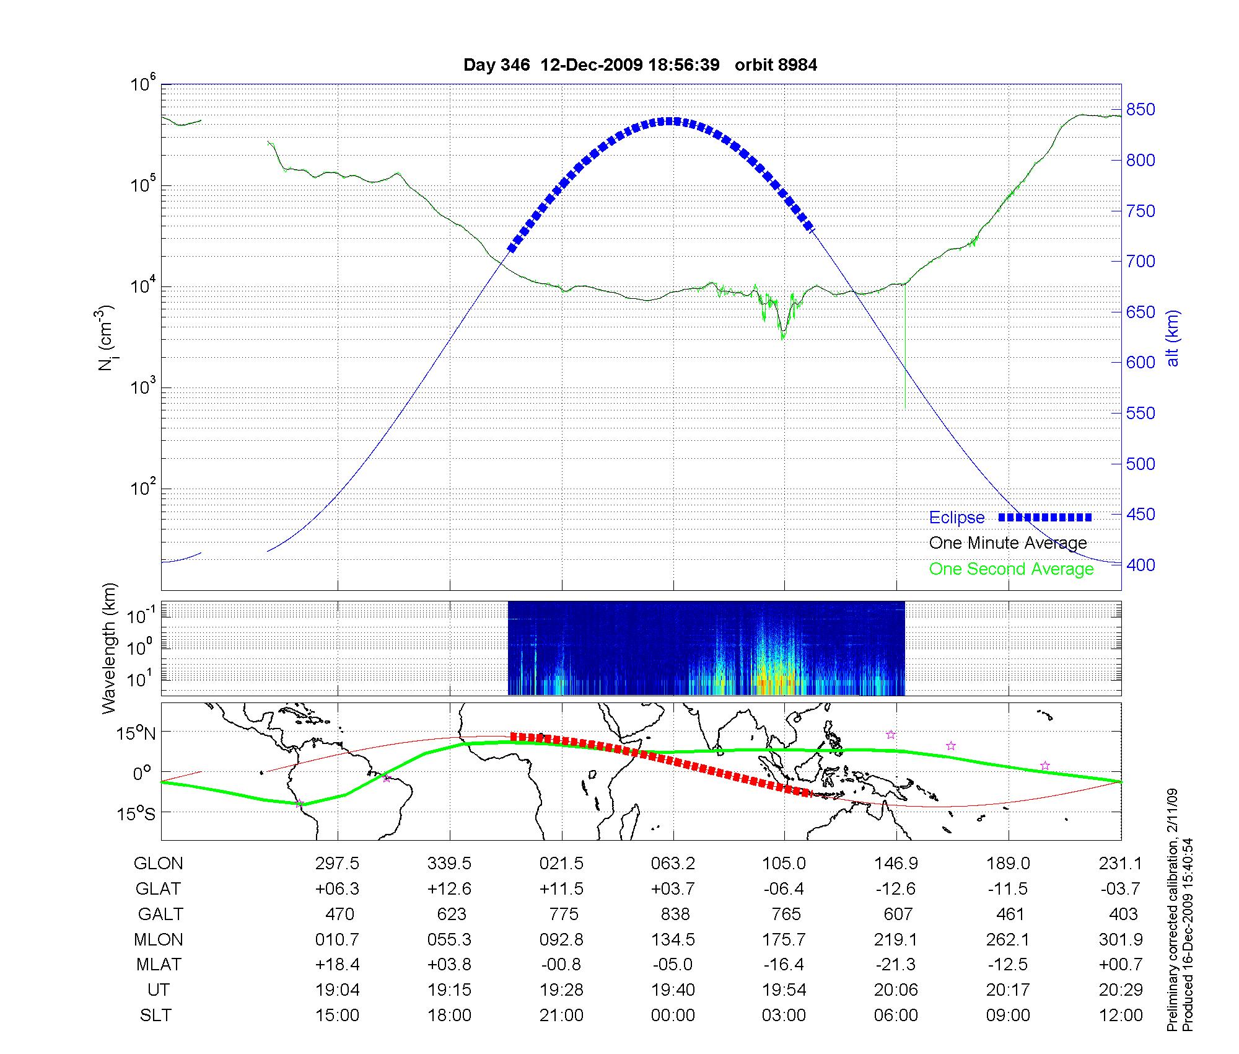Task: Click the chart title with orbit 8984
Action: pyautogui.click(x=640, y=64)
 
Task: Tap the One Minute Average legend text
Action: pyautogui.click(x=1008, y=543)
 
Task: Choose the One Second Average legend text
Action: pyautogui.click(x=1011, y=569)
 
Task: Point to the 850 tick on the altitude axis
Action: pyautogui.click(x=1140, y=110)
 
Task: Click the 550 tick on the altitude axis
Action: pyautogui.click(x=1140, y=414)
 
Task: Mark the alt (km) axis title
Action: pyautogui.click(x=1173, y=338)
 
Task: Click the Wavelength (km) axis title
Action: pyautogui.click(x=109, y=649)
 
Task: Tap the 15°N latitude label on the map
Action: pyautogui.click(x=136, y=734)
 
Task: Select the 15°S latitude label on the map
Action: pyautogui.click(x=136, y=813)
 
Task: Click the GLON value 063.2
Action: pyautogui.click(x=673, y=864)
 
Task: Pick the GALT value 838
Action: pyautogui.click(x=675, y=914)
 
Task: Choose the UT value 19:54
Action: pyautogui.click(x=784, y=990)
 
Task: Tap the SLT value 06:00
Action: pyautogui.click(x=896, y=1016)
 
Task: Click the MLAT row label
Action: pyautogui.click(x=159, y=965)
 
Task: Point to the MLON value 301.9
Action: pyautogui.click(x=1121, y=939)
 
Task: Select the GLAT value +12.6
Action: pyautogui.click(x=449, y=889)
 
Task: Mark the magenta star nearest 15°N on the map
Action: pyautogui.click(x=891, y=735)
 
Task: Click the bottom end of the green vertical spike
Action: pyautogui.click(x=905, y=408)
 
